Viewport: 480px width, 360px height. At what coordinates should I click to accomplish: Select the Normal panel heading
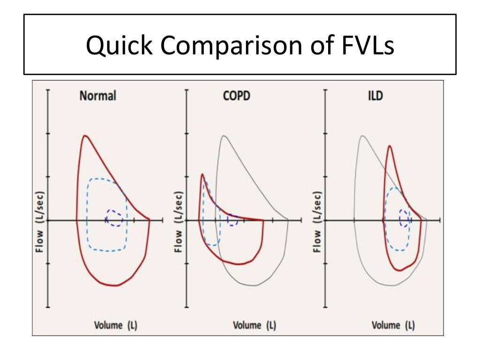click(97, 96)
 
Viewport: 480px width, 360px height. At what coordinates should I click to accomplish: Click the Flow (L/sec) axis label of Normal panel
click(40, 220)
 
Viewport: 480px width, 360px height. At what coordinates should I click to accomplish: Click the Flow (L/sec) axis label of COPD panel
click(178, 220)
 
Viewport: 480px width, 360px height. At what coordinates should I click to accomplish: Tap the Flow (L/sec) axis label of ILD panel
click(317, 220)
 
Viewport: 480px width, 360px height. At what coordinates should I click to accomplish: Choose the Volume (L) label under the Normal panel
click(116, 325)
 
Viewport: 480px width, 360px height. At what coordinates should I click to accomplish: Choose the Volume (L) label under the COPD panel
click(255, 325)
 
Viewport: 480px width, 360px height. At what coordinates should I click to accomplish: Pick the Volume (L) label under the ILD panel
click(393, 325)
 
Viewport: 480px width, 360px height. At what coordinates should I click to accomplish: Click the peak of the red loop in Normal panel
click(85, 136)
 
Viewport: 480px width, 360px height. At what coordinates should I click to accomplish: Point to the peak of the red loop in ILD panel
click(389, 146)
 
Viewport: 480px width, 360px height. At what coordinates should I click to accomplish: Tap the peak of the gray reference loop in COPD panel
click(224, 136)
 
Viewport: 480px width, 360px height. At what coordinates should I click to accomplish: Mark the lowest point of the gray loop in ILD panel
click(394, 285)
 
